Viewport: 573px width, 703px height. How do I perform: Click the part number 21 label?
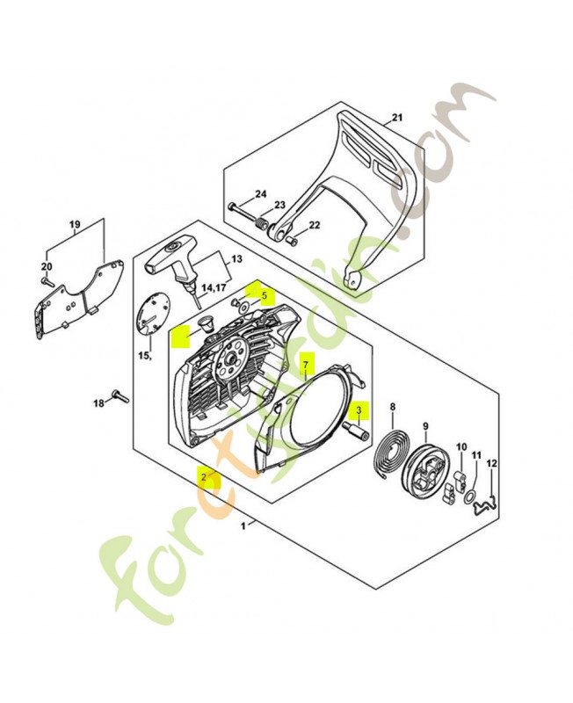tap(397, 118)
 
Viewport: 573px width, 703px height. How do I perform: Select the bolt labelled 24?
tap(245, 212)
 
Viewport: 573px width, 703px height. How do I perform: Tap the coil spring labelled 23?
tap(261, 223)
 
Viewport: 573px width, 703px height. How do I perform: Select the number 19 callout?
tap(75, 224)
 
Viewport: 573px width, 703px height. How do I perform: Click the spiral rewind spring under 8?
tap(390, 457)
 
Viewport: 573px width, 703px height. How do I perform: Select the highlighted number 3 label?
tap(359, 409)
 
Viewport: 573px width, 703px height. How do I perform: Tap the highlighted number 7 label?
tap(305, 364)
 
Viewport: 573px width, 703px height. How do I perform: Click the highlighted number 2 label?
tap(205, 476)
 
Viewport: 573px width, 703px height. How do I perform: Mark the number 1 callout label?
tap(243, 525)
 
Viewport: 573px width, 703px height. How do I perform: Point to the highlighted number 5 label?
tap(264, 296)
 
